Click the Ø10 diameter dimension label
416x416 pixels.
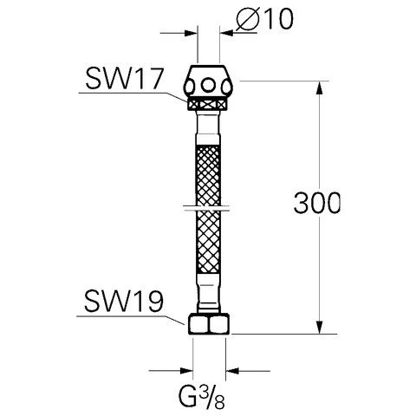pyautogui.click(x=264, y=19)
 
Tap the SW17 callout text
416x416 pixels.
pyautogui.click(x=125, y=79)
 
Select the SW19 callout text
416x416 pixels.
pyautogui.click(x=124, y=302)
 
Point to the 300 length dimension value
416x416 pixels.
pyautogui.click(x=317, y=203)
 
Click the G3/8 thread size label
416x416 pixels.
pyautogui.click(x=201, y=397)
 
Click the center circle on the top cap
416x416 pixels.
pyautogui.click(x=208, y=85)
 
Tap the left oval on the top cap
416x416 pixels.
pyautogui.click(x=190, y=87)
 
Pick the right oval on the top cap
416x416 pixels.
pyautogui.click(x=226, y=87)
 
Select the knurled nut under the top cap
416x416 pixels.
pyautogui.click(x=207, y=104)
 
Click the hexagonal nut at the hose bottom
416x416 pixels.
pyautogui.click(x=209, y=324)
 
